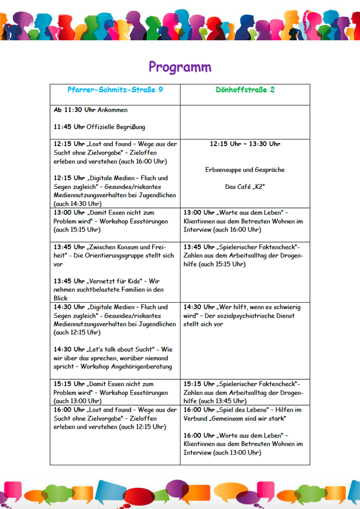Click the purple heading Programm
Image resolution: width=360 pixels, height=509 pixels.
tap(179, 67)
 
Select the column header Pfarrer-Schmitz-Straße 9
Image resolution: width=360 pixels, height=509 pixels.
tap(115, 90)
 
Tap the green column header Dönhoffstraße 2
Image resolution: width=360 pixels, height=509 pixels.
tap(245, 90)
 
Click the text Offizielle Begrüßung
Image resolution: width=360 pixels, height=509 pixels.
tap(116, 127)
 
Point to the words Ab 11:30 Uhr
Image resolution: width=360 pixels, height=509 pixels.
tap(75, 110)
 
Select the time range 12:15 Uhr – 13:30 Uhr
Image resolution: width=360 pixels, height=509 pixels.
tap(245, 144)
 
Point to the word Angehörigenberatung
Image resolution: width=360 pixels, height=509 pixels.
tap(138, 366)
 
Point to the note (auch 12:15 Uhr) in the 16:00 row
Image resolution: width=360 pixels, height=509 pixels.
tap(142, 427)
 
